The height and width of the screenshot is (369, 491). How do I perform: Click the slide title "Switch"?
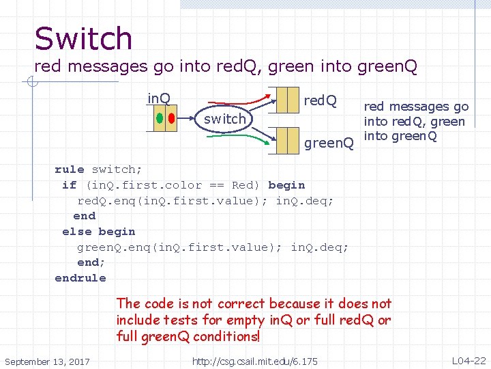coord(83,38)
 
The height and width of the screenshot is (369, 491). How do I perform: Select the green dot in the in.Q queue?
coord(159,118)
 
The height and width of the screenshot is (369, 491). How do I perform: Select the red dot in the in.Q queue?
coord(170,118)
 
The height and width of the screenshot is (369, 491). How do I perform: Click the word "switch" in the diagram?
coord(224,119)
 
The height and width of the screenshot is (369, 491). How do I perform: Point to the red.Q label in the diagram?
coord(320,101)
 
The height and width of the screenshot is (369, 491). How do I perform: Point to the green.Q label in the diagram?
coord(329,143)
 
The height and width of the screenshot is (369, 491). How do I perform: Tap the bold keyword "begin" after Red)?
coord(286,185)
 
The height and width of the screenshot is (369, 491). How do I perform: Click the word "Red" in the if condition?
coord(243,185)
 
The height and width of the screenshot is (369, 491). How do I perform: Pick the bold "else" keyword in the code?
coord(76,232)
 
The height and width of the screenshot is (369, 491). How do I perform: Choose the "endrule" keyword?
coord(80,278)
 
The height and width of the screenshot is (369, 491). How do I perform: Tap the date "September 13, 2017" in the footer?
coord(47,361)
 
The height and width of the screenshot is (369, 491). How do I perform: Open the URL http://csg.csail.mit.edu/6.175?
coord(254,361)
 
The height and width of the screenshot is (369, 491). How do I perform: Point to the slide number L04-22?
coord(468,360)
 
